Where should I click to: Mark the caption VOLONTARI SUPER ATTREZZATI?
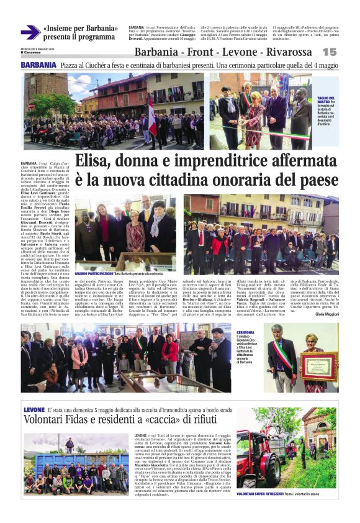(258, 492)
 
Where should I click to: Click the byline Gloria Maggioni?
(328, 314)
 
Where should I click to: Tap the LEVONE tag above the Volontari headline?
(34, 410)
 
